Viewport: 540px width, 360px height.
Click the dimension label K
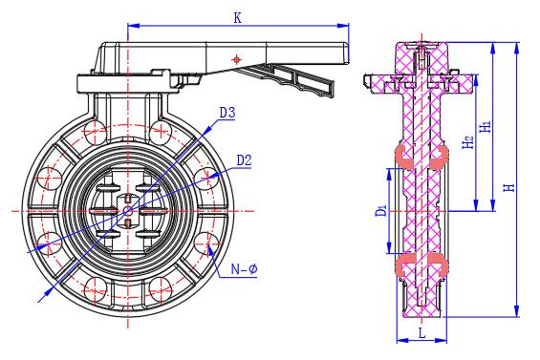237,18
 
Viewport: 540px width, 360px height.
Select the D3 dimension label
227,113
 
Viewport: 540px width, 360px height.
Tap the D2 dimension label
244,160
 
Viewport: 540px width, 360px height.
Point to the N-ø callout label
244,268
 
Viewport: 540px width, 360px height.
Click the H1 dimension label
486,127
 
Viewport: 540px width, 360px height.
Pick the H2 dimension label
467,141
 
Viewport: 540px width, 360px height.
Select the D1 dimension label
381,210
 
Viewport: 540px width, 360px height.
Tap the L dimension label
421,333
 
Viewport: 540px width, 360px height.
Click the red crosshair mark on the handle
237,59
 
